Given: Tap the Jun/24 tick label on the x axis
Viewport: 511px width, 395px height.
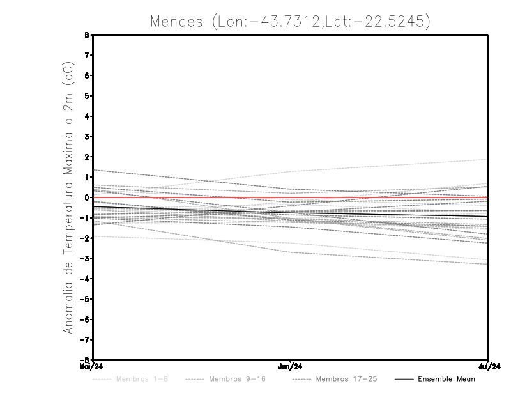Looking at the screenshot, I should (x=291, y=366).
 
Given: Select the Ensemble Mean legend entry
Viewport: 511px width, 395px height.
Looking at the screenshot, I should (x=446, y=379).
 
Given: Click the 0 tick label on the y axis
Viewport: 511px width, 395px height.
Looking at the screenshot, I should (x=87, y=197).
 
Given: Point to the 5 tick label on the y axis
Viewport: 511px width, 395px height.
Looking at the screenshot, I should (x=87, y=96).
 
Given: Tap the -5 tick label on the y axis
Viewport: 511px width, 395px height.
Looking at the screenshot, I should (x=86, y=299).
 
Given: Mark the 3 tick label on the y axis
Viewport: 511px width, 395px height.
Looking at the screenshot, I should (x=87, y=137).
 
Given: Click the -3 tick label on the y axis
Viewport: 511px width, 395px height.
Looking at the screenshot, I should (x=86, y=258).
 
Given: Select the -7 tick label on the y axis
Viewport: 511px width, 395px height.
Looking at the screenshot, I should (x=86, y=340).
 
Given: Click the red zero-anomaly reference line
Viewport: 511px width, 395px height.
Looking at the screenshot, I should (x=192, y=197).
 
